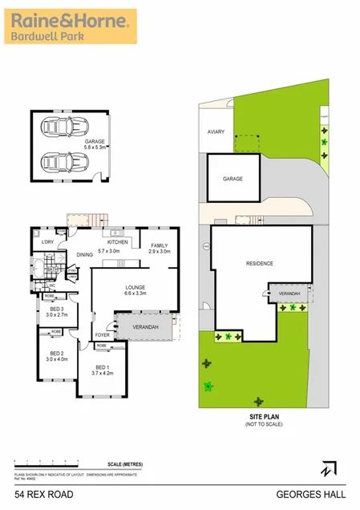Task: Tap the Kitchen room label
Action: click(x=119, y=242)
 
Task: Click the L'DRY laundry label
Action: click(x=47, y=242)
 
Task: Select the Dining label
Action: click(x=84, y=255)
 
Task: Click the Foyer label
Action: click(x=103, y=334)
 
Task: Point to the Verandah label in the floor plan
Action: click(x=145, y=328)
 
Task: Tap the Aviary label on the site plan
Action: click(x=216, y=131)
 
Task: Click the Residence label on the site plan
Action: click(x=259, y=263)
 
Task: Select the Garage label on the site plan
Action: click(x=233, y=179)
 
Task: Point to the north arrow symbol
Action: click(x=328, y=467)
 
